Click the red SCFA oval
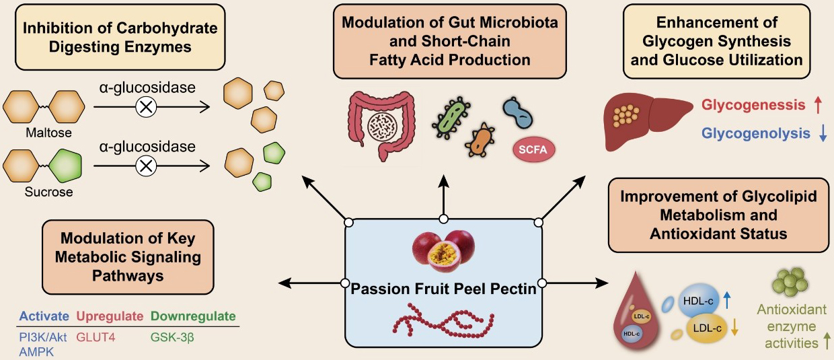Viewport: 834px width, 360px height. [x=534, y=149]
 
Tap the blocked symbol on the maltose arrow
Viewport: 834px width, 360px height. [x=146, y=108]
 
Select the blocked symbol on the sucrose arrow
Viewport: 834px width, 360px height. [x=146, y=166]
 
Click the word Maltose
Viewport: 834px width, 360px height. [x=48, y=133]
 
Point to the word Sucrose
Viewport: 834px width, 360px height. [x=49, y=192]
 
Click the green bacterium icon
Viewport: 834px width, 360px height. [x=451, y=118]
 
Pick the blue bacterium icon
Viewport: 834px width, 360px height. [x=517, y=113]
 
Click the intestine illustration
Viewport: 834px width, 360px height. [x=381, y=125]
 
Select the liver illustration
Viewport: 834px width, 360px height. [x=647, y=122]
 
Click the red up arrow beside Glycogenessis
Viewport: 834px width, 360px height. [x=818, y=105]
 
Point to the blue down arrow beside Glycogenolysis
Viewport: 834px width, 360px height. [x=823, y=133]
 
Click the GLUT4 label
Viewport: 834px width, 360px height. [x=96, y=337]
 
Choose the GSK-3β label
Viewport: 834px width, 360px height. [x=172, y=337]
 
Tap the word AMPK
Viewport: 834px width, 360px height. [x=36, y=352]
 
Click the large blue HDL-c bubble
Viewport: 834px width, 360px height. [x=698, y=301]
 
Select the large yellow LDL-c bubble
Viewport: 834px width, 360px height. [x=706, y=328]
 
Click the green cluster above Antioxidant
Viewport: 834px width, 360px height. [x=790, y=282]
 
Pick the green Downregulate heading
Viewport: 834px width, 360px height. [x=193, y=316]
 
